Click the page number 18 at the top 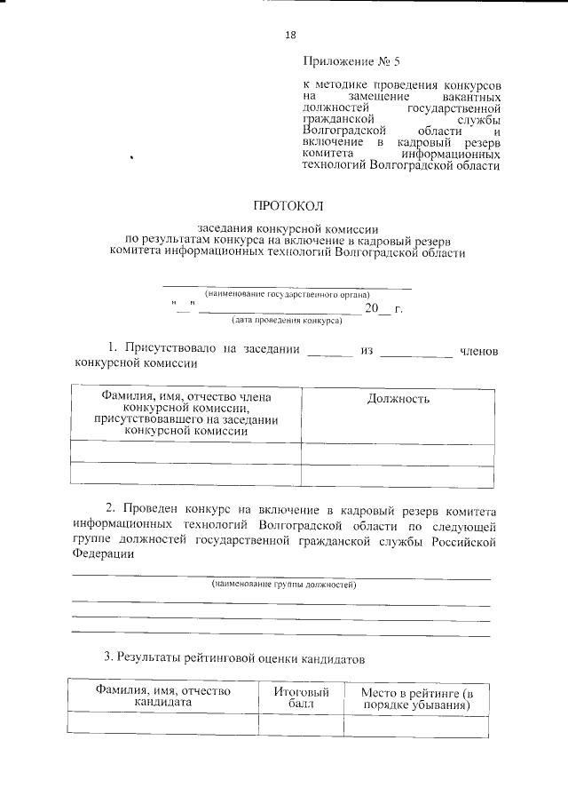[x=290, y=35]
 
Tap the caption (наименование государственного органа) [x=288, y=293]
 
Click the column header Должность [x=398, y=399]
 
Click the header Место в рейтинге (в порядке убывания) [x=416, y=697]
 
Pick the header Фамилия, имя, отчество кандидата [x=163, y=697]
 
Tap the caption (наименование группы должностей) [x=283, y=585]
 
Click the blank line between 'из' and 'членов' [x=415, y=354]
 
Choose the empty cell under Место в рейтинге [x=416, y=726]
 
